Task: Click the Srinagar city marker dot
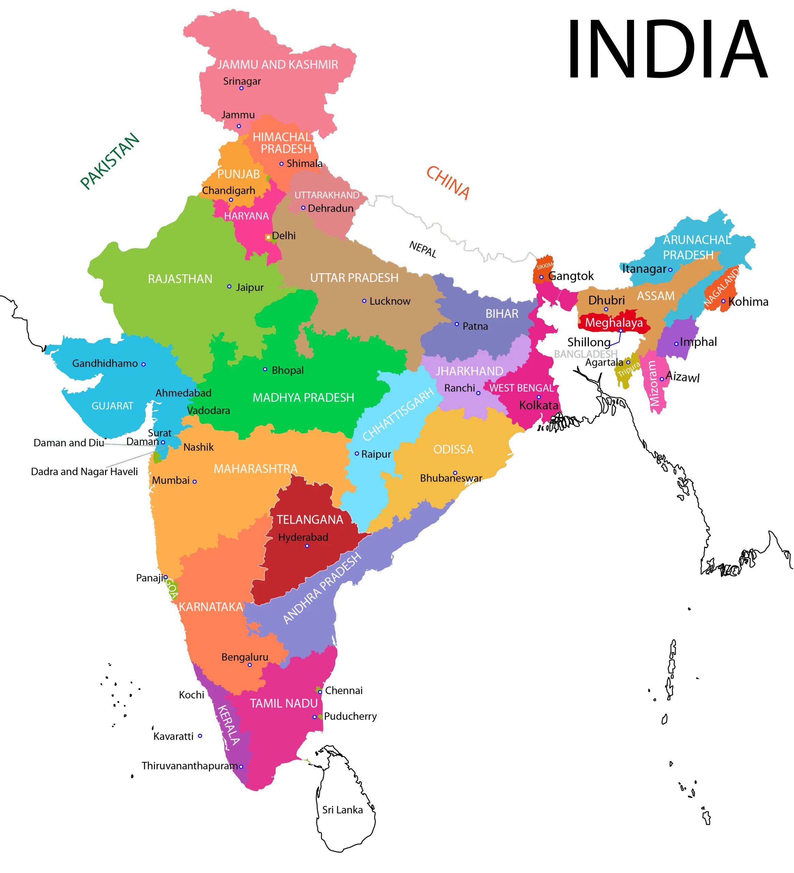click(x=241, y=88)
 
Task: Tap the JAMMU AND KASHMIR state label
click(x=277, y=65)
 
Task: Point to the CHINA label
click(x=448, y=183)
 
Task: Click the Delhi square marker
click(x=268, y=237)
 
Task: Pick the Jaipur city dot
click(x=229, y=287)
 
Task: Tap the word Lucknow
click(x=389, y=301)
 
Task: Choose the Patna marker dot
click(x=457, y=324)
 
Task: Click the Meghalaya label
click(x=614, y=323)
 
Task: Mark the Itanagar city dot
click(x=670, y=269)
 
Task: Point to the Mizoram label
click(x=654, y=383)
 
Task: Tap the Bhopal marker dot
click(x=265, y=369)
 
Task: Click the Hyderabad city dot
click(x=307, y=546)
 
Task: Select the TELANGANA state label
click(x=310, y=520)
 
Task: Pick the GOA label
click(x=172, y=589)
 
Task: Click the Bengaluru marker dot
click(x=250, y=665)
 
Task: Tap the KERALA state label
click(x=228, y=724)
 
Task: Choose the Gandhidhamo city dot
click(x=143, y=364)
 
